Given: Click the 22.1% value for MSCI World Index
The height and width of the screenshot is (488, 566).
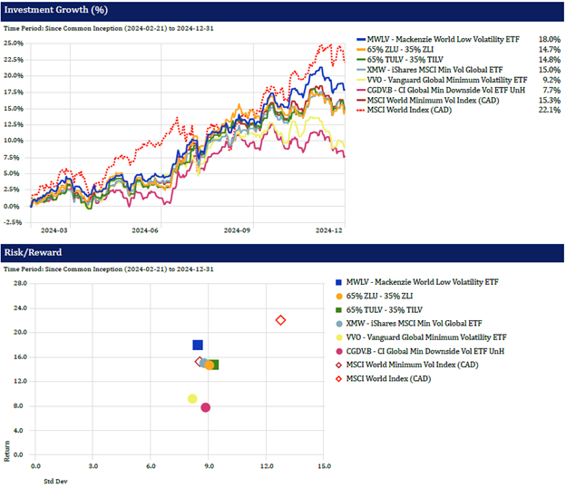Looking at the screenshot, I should click(x=549, y=110).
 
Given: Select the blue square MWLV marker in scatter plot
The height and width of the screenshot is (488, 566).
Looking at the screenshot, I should click(x=198, y=345).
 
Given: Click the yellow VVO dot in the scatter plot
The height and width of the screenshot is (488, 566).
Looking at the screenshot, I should click(x=192, y=398).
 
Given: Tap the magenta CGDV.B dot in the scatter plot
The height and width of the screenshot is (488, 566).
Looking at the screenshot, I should click(x=206, y=407).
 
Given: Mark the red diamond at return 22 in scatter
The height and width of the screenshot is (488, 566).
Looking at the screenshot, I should click(x=281, y=320).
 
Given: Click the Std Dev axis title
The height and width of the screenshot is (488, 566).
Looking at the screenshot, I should click(x=57, y=481).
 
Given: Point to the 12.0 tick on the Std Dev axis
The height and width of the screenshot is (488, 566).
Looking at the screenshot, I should click(x=266, y=467).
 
